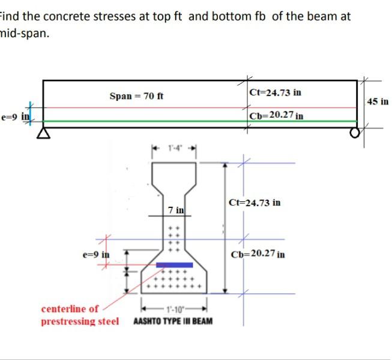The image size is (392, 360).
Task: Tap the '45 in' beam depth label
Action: (x=378, y=102)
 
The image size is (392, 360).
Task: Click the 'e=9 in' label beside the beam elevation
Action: (x=14, y=116)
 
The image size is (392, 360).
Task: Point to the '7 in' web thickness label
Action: (x=176, y=210)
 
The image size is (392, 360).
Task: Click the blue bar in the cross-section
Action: (x=174, y=264)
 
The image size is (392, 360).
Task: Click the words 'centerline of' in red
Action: (x=70, y=309)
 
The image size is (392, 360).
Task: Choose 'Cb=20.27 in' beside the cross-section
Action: (x=258, y=254)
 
